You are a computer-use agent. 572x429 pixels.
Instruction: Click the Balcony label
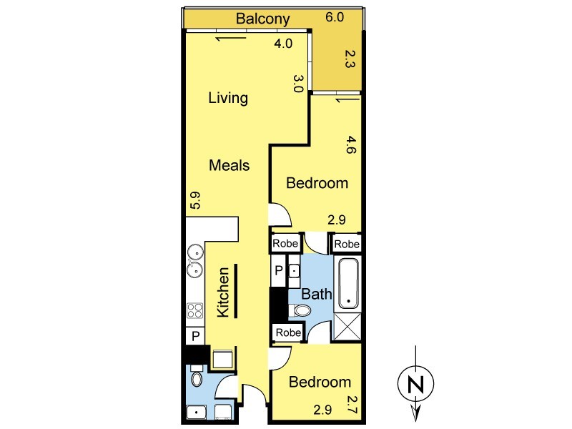tap(262, 19)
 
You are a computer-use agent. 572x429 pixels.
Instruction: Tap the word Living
tap(228, 98)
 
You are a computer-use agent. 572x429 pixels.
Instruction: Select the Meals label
tap(229, 165)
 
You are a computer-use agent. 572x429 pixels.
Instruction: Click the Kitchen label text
tap(223, 292)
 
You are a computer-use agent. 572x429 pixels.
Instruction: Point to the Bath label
tap(317, 294)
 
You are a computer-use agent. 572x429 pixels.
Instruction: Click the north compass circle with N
tap(415, 383)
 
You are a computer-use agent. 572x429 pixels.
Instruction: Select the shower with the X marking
tap(347, 327)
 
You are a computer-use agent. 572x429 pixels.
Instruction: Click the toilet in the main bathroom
tap(300, 311)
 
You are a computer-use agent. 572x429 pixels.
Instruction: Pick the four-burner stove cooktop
tap(194, 311)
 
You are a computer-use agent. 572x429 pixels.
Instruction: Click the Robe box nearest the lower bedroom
tap(288, 332)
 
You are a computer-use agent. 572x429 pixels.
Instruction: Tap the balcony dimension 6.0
tap(335, 17)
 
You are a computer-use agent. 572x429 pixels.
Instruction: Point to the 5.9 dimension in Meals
tap(196, 200)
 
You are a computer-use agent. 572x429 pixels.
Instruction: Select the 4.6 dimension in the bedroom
tap(351, 144)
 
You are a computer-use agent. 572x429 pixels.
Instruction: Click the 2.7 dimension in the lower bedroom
tap(351, 405)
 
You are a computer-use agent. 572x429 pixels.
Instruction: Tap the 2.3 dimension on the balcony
tap(350, 59)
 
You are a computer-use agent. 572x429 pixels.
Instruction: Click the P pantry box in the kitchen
tap(195, 335)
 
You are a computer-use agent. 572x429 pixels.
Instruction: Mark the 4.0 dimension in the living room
tap(283, 44)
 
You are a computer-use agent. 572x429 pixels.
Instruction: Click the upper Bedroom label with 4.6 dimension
tap(317, 183)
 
